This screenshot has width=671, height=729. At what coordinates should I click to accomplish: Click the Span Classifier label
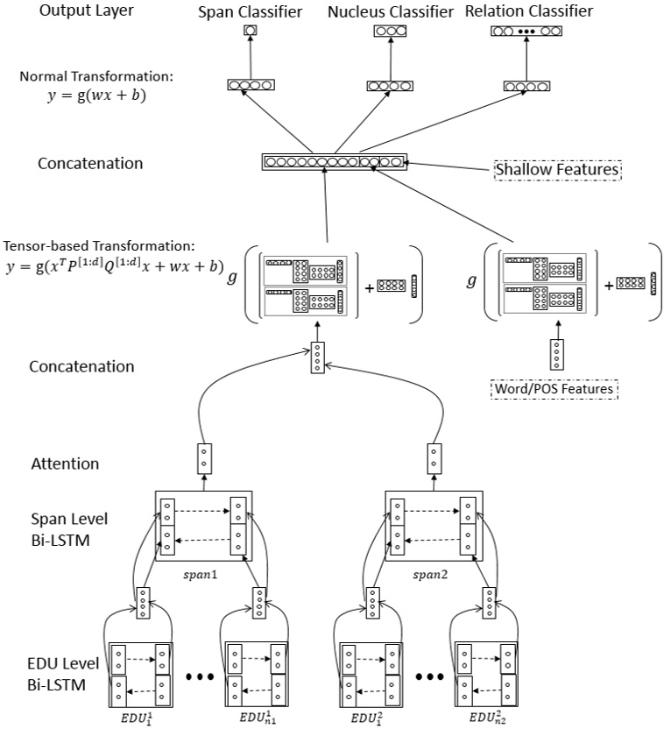pyautogui.click(x=251, y=12)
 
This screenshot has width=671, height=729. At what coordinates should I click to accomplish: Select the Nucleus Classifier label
pyautogui.click(x=391, y=12)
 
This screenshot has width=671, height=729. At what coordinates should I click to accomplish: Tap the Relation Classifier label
pyautogui.click(x=528, y=12)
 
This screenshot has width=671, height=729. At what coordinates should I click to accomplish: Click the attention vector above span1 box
pyautogui.click(x=202, y=457)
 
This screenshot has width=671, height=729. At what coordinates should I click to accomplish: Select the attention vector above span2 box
pyautogui.click(x=433, y=457)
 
